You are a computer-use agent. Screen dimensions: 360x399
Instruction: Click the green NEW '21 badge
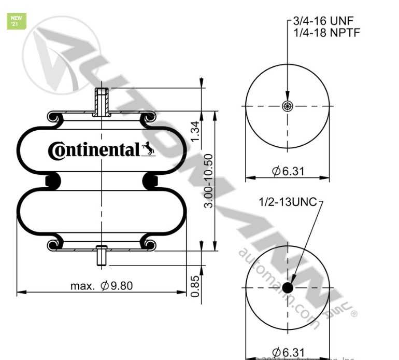(16, 21)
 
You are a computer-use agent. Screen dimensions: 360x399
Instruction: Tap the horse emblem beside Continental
(148, 149)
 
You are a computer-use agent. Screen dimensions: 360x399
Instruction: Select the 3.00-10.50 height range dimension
(208, 181)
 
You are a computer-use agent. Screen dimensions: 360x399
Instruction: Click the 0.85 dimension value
(195, 286)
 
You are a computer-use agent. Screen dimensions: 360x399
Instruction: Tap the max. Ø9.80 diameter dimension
(98, 286)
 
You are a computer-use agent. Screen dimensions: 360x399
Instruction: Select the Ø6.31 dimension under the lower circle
(289, 351)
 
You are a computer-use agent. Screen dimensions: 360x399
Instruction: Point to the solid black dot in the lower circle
(288, 287)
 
